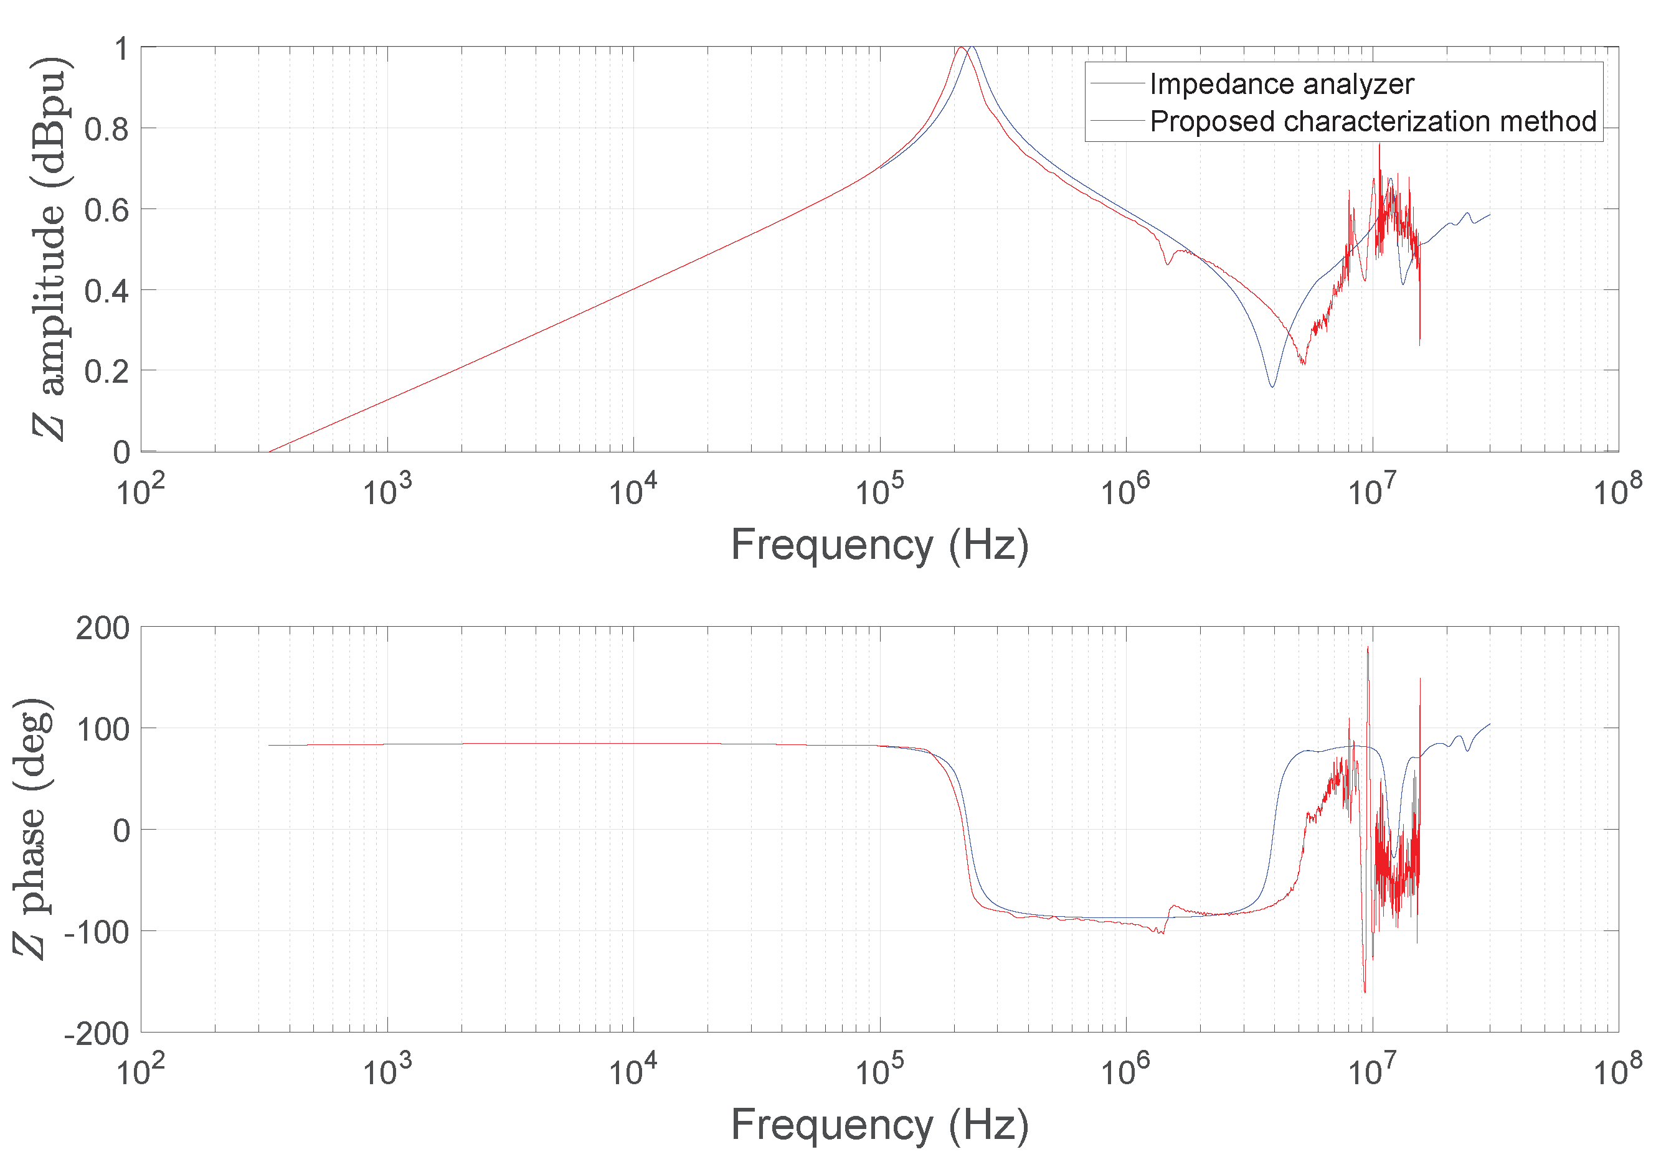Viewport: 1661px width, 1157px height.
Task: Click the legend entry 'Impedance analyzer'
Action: click(1280, 85)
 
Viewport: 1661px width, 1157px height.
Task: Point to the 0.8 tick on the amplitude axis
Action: click(106, 129)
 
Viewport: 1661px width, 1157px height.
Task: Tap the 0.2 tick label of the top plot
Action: click(106, 372)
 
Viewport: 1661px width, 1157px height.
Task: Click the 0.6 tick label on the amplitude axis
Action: click(106, 210)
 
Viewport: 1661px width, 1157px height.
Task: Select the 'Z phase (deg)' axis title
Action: click(32, 829)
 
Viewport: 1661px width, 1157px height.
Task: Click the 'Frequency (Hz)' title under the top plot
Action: click(879, 545)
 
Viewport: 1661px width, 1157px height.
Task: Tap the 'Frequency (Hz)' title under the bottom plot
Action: click(879, 1125)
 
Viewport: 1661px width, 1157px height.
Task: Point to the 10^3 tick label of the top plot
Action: click(387, 492)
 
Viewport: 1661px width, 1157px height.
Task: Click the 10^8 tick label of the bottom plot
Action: click(1617, 1071)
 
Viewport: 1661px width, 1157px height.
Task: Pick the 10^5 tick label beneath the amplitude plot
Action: click(879, 492)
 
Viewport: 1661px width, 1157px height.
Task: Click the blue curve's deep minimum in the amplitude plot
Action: click(1272, 386)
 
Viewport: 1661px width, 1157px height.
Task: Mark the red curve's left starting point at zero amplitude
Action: click(269, 451)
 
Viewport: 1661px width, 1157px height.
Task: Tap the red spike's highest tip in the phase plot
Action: click(1367, 647)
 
